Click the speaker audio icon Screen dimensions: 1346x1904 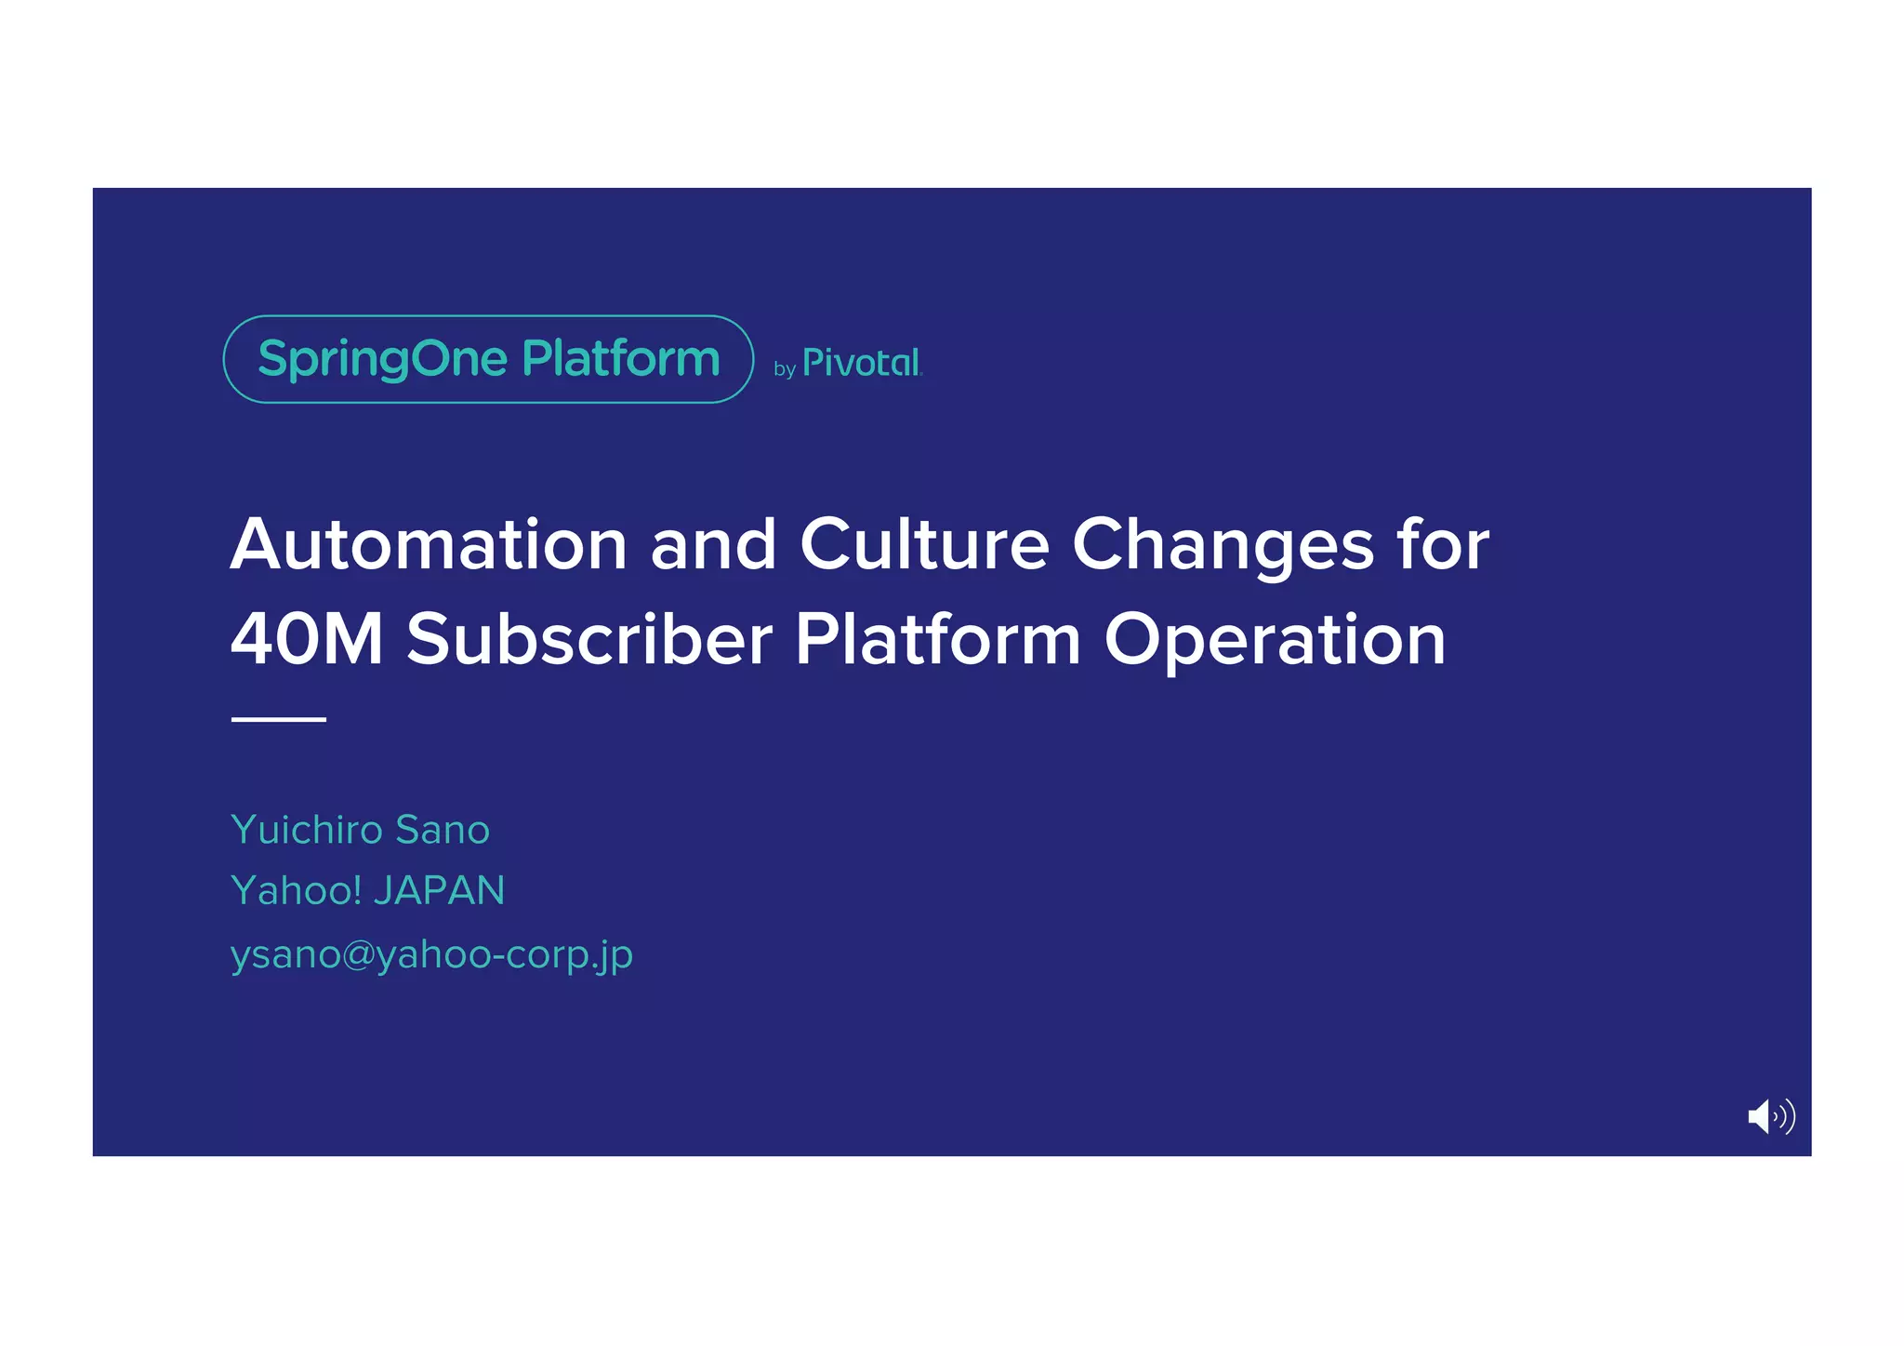click(1770, 1116)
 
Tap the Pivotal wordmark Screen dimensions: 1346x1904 click(861, 363)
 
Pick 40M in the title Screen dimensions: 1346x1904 click(307, 640)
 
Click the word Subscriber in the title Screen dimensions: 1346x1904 click(589, 640)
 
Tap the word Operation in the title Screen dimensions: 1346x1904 click(1275, 640)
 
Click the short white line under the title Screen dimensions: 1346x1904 click(278, 719)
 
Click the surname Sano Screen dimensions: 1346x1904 click(443, 830)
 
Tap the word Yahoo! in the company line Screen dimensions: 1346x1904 click(296, 891)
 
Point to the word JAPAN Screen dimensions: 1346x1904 click(439, 891)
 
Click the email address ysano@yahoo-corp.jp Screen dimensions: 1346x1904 click(431, 955)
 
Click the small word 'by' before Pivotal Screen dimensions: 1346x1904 click(785, 369)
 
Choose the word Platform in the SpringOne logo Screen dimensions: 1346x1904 click(621, 359)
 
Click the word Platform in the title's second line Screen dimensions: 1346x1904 click(937, 640)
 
